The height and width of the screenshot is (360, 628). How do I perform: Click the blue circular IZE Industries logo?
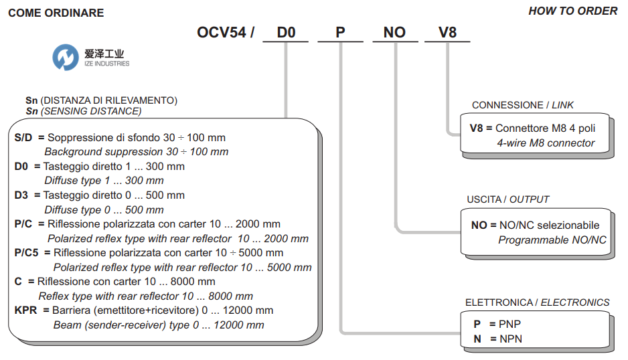click(x=66, y=58)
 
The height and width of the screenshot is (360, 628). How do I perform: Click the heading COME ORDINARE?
click(x=56, y=13)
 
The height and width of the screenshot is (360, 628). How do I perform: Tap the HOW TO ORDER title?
click(x=572, y=11)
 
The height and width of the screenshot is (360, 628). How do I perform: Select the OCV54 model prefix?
click(x=222, y=32)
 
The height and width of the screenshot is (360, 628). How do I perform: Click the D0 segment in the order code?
click(x=286, y=32)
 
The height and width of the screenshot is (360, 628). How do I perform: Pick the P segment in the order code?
click(x=340, y=32)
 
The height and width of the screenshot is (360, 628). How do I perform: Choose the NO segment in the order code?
click(x=394, y=32)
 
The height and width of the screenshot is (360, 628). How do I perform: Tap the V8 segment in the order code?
click(x=447, y=32)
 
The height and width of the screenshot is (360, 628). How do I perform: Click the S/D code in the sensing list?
click(x=23, y=138)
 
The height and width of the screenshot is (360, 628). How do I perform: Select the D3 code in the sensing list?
click(x=21, y=195)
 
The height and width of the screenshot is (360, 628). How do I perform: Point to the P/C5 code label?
click(x=26, y=253)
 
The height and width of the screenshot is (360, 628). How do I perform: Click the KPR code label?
click(x=25, y=310)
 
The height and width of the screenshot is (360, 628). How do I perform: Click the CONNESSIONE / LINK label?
click(x=523, y=105)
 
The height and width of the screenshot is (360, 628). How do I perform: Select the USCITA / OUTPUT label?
click(x=508, y=199)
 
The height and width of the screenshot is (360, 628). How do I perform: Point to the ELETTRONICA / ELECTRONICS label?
click(x=538, y=302)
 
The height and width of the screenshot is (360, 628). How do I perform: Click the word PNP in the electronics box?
click(x=510, y=324)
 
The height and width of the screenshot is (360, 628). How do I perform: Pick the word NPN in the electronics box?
click(x=511, y=339)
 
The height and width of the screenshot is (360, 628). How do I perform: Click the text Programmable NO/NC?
click(x=552, y=240)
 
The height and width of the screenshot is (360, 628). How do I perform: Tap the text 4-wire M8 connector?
click(x=546, y=143)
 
